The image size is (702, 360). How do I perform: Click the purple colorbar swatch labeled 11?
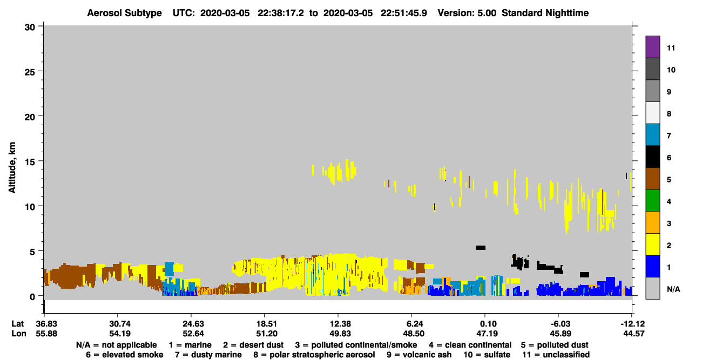click(652, 46)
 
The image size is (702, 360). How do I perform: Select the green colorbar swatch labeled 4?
click(652, 201)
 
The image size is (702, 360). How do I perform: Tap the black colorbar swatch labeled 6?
click(652, 157)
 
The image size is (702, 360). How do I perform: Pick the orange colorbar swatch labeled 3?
click(652, 222)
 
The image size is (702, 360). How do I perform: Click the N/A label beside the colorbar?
click(673, 289)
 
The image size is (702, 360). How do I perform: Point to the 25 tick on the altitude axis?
click(30, 72)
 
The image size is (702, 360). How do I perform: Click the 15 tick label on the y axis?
click(30, 162)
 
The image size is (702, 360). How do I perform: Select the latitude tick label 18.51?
click(267, 324)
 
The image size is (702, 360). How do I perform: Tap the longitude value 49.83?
click(340, 334)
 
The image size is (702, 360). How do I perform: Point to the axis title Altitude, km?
click(12, 168)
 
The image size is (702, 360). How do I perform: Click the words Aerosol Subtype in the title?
click(124, 13)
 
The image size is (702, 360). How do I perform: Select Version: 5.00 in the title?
click(467, 13)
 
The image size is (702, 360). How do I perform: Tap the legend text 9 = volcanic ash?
click(419, 355)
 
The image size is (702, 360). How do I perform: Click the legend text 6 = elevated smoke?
click(125, 355)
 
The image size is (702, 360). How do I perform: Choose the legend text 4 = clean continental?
click(470, 345)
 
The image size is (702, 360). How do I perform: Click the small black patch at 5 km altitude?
click(481, 248)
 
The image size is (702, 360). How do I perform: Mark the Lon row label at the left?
click(19, 334)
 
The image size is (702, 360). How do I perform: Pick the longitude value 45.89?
click(561, 334)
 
